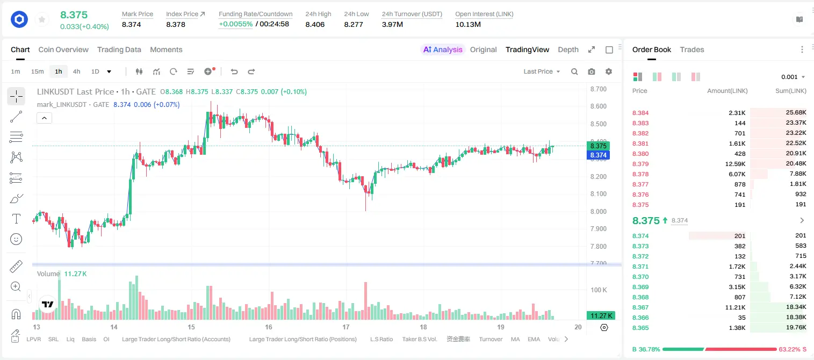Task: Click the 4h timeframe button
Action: coord(76,71)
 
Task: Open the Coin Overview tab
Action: coord(63,49)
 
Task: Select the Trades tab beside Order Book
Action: coord(691,49)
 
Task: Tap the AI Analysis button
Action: coord(443,49)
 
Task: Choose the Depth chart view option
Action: coord(568,49)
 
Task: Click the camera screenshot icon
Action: coord(591,71)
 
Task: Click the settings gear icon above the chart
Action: coord(609,71)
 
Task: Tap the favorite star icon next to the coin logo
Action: coord(42,19)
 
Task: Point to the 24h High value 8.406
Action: coord(315,24)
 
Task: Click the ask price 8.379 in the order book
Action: coord(640,164)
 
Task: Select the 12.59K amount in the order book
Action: coord(735,164)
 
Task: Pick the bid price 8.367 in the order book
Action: coord(640,307)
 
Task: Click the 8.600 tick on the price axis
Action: coord(598,106)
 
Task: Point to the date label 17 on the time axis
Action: coord(345,327)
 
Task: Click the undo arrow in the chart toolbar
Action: coord(234,71)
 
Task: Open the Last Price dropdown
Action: coord(542,71)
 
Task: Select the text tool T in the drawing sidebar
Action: coord(16,219)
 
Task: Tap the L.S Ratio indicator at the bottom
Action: coord(381,339)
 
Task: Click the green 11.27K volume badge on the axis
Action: coord(601,316)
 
